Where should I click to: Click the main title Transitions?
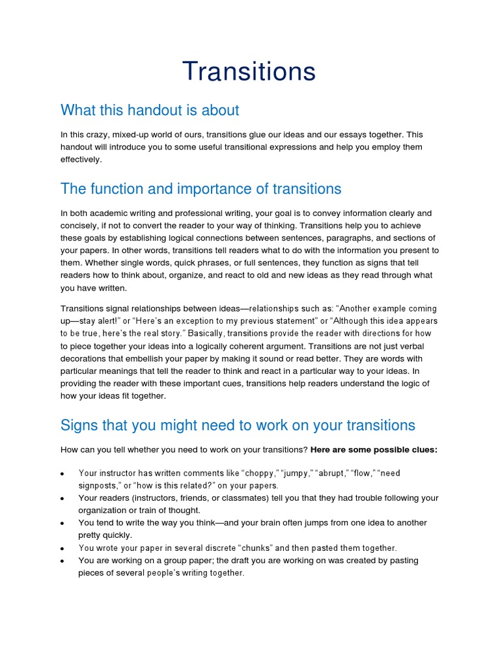(x=249, y=72)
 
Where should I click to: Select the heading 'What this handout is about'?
(x=150, y=111)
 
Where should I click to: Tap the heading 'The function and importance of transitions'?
(x=201, y=189)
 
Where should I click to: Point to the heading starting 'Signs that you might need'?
(x=238, y=425)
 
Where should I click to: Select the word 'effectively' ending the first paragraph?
(x=81, y=159)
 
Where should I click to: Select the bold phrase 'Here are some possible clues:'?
(x=374, y=449)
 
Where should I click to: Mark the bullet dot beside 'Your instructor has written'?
(x=61, y=474)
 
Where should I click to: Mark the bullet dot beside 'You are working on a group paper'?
(x=61, y=561)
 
